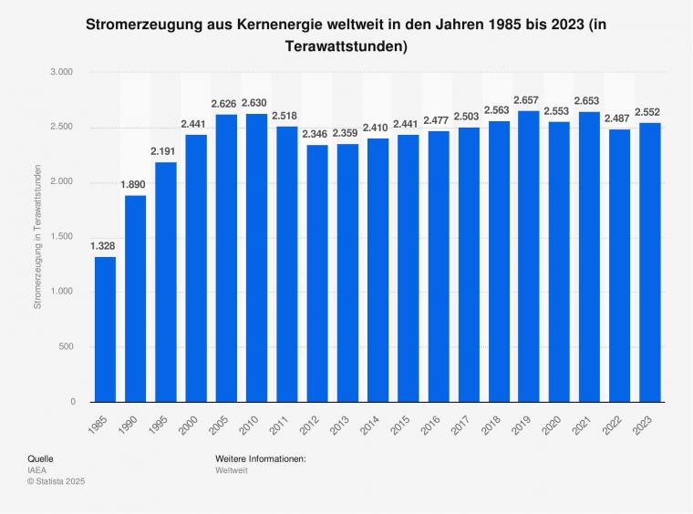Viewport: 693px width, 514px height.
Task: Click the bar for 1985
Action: pos(105,329)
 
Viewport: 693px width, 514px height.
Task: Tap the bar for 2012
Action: pos(316,273)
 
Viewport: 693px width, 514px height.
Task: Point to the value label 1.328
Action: pos(105,245)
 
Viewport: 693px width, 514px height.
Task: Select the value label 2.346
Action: pos(316,133)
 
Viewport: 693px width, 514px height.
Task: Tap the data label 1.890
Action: pos(135,184)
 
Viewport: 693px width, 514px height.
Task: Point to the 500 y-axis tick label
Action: pos(67,347)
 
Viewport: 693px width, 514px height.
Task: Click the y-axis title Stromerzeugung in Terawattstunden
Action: pos(37,237)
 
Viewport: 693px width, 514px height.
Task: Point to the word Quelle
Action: pos(40,458)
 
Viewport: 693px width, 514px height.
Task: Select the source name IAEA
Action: pos(37,469)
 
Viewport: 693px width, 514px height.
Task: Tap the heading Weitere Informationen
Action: pos(261,458)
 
